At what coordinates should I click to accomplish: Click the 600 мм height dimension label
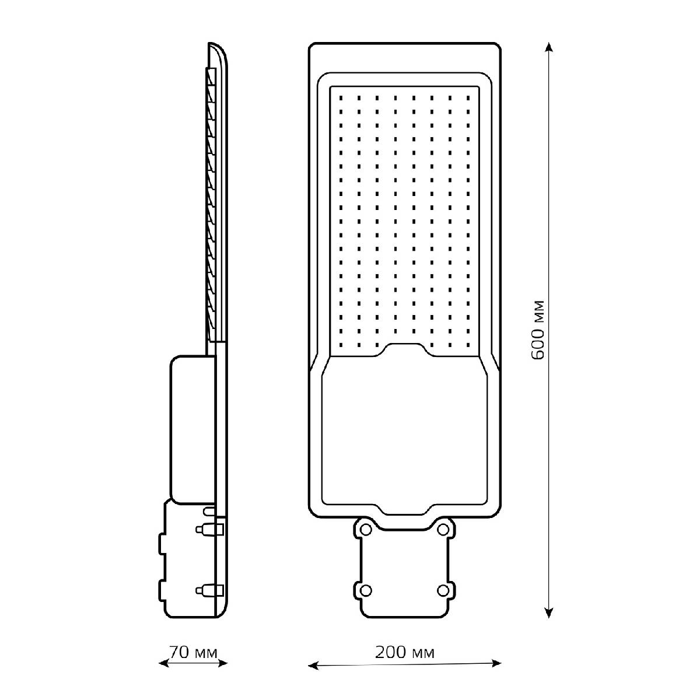click(x=538, y=330)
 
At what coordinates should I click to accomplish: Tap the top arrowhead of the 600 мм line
click(x=549, y=47)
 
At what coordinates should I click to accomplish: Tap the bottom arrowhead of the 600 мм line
click(x=549, y=612)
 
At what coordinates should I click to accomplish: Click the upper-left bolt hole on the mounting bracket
click(x=365, y=530)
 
